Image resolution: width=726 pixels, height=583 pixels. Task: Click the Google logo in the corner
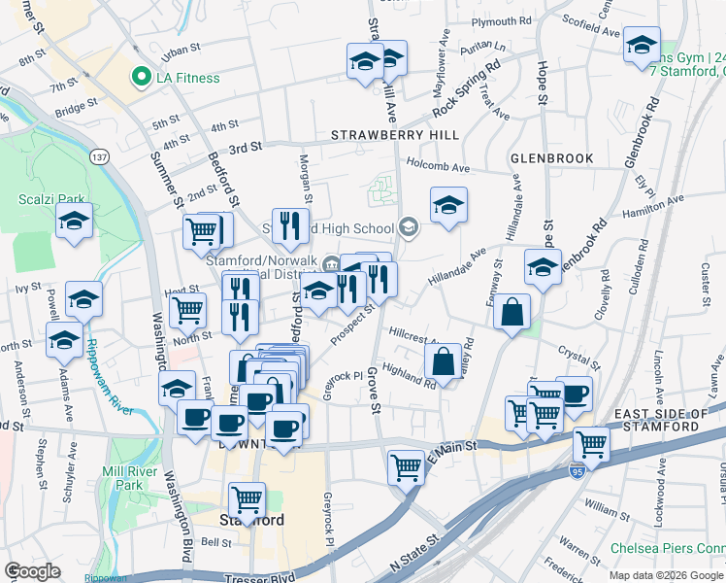point(33,571)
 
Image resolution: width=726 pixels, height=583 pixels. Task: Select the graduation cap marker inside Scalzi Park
point(75,222)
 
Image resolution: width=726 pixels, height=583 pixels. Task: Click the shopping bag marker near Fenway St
point(511,313)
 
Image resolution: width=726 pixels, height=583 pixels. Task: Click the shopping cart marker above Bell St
point(247,499)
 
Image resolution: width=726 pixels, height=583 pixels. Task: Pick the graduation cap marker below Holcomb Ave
point(447,206)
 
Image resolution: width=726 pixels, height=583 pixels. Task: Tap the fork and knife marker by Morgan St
point(290,226)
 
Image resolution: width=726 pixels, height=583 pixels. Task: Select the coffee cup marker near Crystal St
point(574,394)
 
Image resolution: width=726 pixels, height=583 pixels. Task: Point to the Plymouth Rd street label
point(501,19)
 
